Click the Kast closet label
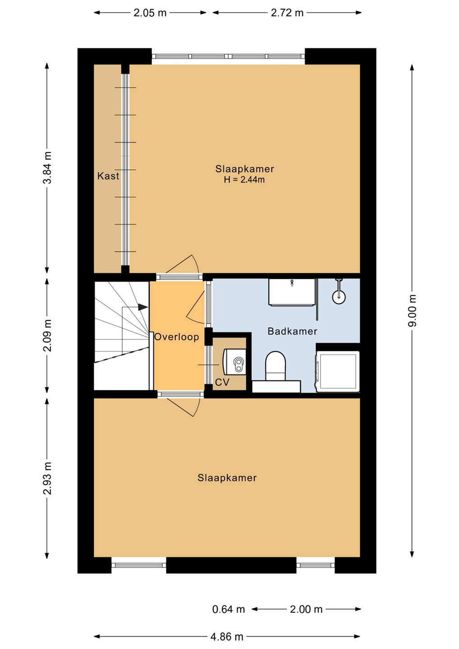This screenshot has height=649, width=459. coord(108,176)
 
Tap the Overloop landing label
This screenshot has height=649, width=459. coord(176,337)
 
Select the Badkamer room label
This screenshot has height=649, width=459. coord(292,331)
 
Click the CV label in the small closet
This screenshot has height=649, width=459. coord(222,382)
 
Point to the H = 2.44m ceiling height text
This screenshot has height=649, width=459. coord(244,180)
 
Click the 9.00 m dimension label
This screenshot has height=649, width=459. coord(412,311)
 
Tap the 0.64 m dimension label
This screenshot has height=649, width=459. coord(229,607)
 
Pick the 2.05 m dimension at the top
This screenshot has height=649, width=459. coord(150,13)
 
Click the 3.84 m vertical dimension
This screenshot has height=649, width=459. coord(47,168)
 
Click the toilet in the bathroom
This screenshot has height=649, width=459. coord(275,366)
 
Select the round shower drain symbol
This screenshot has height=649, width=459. coord(339,297)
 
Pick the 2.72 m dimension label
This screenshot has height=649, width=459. coord(287,13)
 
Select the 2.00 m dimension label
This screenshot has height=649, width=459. coord(306,607)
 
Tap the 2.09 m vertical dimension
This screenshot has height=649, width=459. coord(47,335)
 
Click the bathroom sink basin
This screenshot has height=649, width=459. coord(292,292)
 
